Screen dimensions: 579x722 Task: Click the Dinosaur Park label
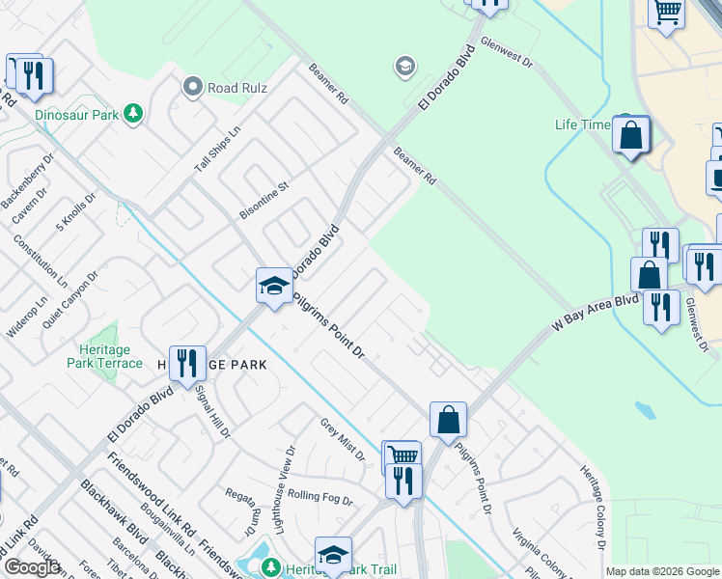pyautogui.click(x=76, y=115)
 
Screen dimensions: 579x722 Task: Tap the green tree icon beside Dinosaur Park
pyautogui.click(x=132, y=115)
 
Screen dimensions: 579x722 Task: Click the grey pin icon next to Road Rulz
pyautogui.click(x=193, y=88)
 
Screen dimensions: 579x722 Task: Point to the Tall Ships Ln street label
pyautogui.click(x=216, y=150)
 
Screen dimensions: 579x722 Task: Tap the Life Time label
pyautogui.click(x=583, y=124)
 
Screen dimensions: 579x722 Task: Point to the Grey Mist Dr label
pyautogui.click(x=343, y=439)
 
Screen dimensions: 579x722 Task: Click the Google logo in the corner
pyautogui.click(x=31, y=567)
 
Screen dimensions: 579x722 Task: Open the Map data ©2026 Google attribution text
pyautogui.click(x=662, y=571)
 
